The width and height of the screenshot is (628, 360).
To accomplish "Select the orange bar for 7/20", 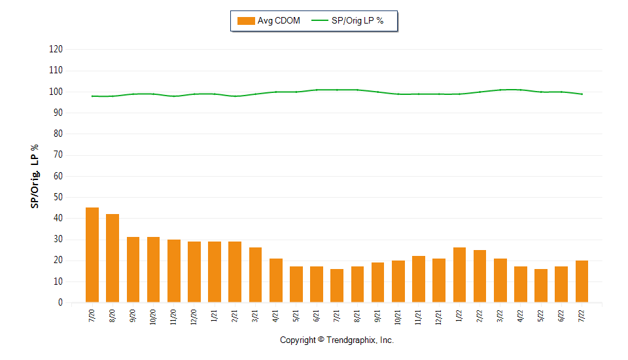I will pyautogui.click(x=92, y=255).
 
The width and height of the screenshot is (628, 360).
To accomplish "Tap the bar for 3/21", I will pyautogui.click(x=255, y=275).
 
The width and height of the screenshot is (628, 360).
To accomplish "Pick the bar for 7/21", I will pyautogui.click(x=337, y=286).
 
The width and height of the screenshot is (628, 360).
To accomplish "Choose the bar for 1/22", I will pyautogui.click(x=459, y=275).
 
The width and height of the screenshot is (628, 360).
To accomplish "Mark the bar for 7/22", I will pyautogui.click(x=582, y=281).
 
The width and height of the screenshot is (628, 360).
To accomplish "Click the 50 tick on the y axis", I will pyautogui.click(x=58, y=197).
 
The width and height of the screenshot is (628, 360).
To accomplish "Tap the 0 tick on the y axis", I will pyautogui.click(x=60, y=302).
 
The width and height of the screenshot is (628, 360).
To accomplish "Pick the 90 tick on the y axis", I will pyautogui.click(x=58, y=113).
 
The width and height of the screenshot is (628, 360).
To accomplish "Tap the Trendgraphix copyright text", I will pyautogui.click(x=337, y=340).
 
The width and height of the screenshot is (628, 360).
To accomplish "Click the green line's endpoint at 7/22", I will pyautogui.click(x=582, y=94).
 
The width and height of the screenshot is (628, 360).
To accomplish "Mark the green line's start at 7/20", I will pyautogui.click(x=92, y=96).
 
